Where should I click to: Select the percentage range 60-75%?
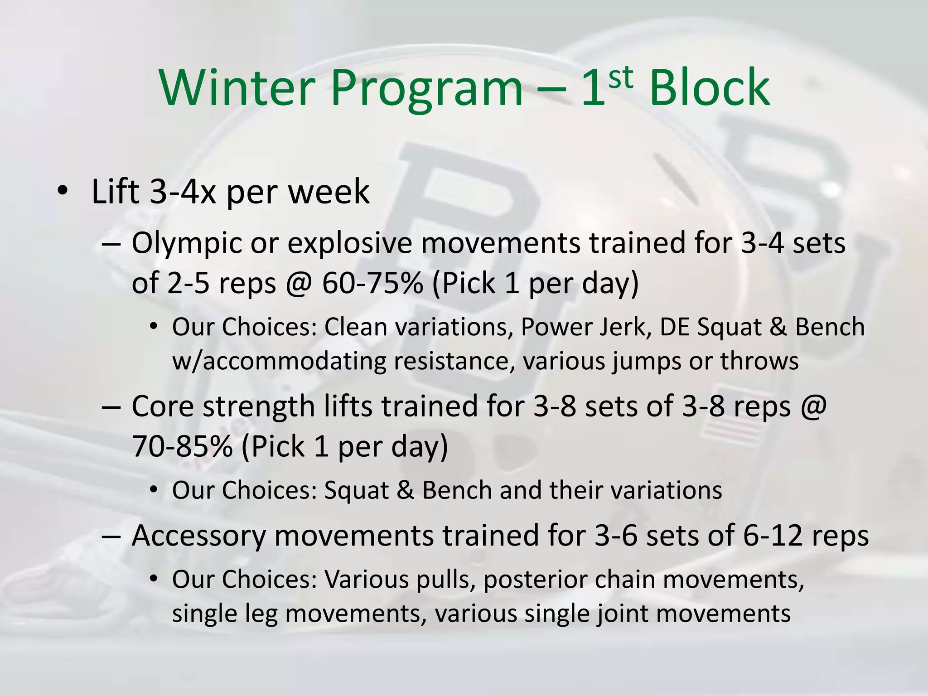372,283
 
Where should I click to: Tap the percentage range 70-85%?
182,446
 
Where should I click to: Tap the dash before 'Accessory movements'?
111,536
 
